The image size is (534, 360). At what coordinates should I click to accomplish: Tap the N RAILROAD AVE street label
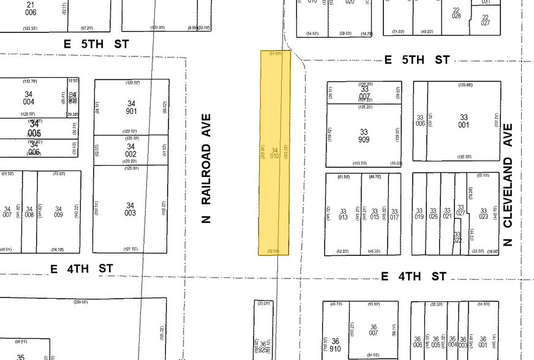[206, 168]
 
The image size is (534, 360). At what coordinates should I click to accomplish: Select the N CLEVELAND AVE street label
[507, 184]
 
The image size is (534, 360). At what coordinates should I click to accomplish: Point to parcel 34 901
[131, 107]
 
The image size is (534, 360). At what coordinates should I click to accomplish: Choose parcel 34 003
[130, 209]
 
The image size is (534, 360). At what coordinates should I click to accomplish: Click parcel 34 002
[130, 150]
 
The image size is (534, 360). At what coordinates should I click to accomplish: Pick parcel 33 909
[364, 136]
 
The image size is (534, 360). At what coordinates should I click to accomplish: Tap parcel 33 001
[464, 121]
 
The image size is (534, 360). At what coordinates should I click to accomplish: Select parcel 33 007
[364, 92]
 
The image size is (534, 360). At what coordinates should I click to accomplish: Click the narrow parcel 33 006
[420, 121]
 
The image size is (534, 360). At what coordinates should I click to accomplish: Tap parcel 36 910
[335, 344]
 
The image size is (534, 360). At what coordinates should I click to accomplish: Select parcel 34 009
[59, 212]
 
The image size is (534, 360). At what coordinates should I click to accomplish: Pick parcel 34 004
[29, 97]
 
